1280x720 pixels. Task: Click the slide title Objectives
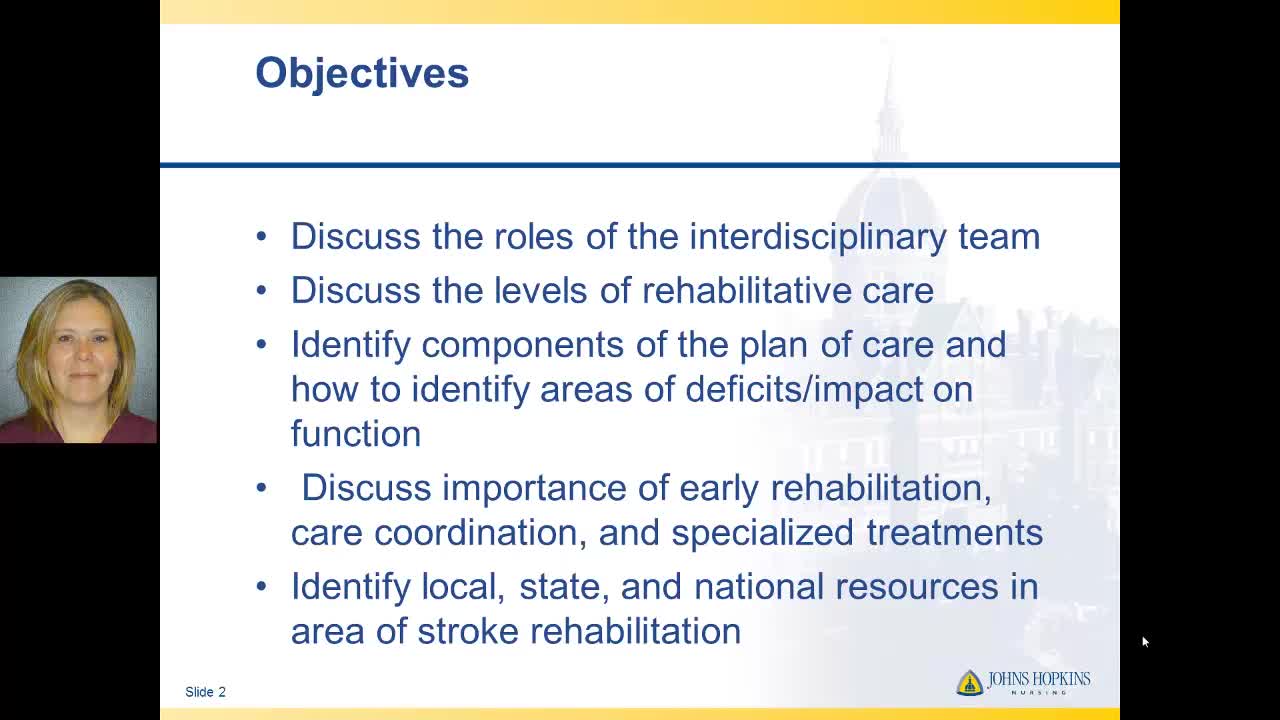[362, 74]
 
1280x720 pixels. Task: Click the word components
[522, 346]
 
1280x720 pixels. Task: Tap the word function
[356, 433]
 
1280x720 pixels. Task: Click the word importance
[534, 490]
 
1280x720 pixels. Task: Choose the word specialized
[762, 534]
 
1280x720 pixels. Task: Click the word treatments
[954, 533]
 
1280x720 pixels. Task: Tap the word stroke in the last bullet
[467, 631]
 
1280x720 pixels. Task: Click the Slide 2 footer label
[205, 692]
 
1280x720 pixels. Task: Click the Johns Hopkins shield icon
[970, 683]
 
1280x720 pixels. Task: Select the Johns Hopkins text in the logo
[1039, 679]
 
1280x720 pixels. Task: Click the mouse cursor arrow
[1146, 642]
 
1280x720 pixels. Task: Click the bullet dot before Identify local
[262, 586]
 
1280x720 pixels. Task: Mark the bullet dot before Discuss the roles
[262, 236]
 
